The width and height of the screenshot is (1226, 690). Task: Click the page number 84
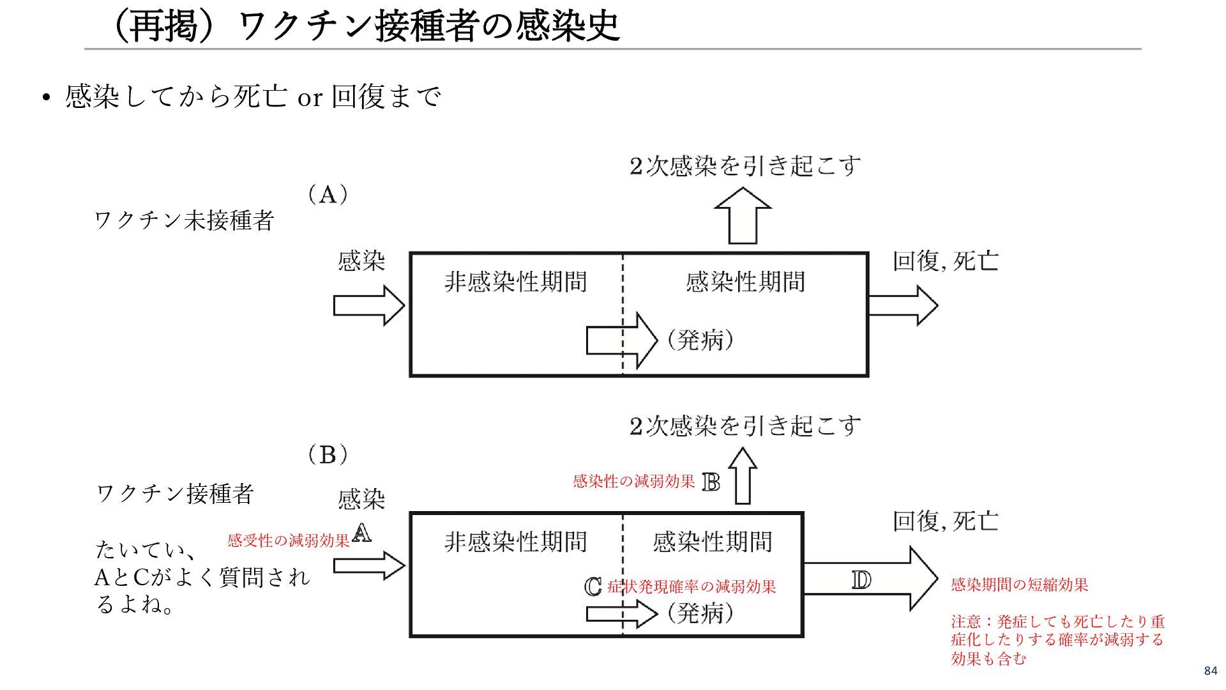(x=1210, y=671)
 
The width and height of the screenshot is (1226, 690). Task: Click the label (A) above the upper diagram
(x=328, y=194)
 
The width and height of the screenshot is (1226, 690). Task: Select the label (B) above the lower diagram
(x=328, y=455)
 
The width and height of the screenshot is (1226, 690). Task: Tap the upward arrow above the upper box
(x=743, y=216)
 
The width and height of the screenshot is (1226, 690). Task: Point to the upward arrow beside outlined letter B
(x=743, y=476)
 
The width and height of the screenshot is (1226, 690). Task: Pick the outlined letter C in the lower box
(x=593, y=586)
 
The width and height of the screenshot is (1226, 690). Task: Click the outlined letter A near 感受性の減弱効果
(x=361, y=533)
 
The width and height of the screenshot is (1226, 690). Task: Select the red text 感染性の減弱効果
(x=633, y=482)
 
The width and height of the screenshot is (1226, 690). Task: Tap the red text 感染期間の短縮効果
(x=1019, y=585)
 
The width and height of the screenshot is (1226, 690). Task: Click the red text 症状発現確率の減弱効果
(x=692, y=586)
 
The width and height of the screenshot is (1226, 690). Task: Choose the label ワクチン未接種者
(x=184, y=221)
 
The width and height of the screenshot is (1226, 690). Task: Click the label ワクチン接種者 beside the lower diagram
(x=175, y=493)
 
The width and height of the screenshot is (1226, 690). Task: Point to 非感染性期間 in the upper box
(x=515, y=282)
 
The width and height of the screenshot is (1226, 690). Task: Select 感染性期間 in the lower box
(x=712, y=542)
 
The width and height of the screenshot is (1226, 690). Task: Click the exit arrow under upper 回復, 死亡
(x=903, y=305)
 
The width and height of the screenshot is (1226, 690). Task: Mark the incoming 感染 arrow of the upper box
(x=368, y=305)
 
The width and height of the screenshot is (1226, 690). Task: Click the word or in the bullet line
(x=310, y=98)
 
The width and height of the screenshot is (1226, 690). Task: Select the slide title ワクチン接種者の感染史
(x=365, y=27)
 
